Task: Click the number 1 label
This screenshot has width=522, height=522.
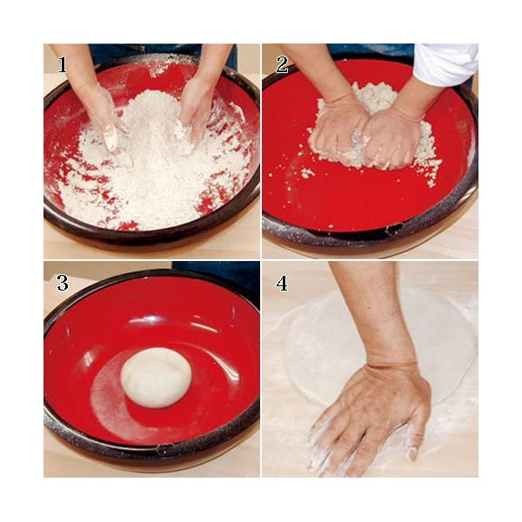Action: click(63, 64)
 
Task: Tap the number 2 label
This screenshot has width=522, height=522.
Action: click(282, 64)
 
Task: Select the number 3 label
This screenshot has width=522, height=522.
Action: click(63, 284)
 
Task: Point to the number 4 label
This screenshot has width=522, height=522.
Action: click(282, 284)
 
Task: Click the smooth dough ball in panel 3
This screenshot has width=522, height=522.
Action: click(156, 378)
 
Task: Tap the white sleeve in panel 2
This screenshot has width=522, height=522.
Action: click(446, 64)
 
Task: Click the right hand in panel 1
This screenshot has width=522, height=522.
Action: click(195, 113)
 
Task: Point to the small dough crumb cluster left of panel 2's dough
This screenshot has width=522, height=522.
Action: click(307, 173)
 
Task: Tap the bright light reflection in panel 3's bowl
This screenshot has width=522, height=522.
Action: click(146, 320)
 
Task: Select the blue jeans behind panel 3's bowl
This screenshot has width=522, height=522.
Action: click(217, 278)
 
